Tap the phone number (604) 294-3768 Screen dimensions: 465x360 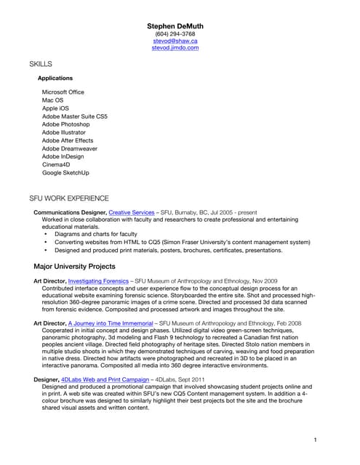click(x=175, y=34)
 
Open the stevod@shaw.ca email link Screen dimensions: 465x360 click(x=175, y=41)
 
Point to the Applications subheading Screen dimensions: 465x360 click(x=55, y=78)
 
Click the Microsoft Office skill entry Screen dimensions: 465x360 click(x=63, y=92)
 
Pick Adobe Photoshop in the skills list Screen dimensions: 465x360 click(x=65, y=124)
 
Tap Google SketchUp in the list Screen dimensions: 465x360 click(x=65, y=173)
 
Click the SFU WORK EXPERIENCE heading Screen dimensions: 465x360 click(x=69, y=198)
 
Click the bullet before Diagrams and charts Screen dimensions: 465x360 click(x=46, y=235)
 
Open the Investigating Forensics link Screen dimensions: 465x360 click(x=100, y=280)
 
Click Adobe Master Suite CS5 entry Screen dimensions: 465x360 click(x=74, y=116)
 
